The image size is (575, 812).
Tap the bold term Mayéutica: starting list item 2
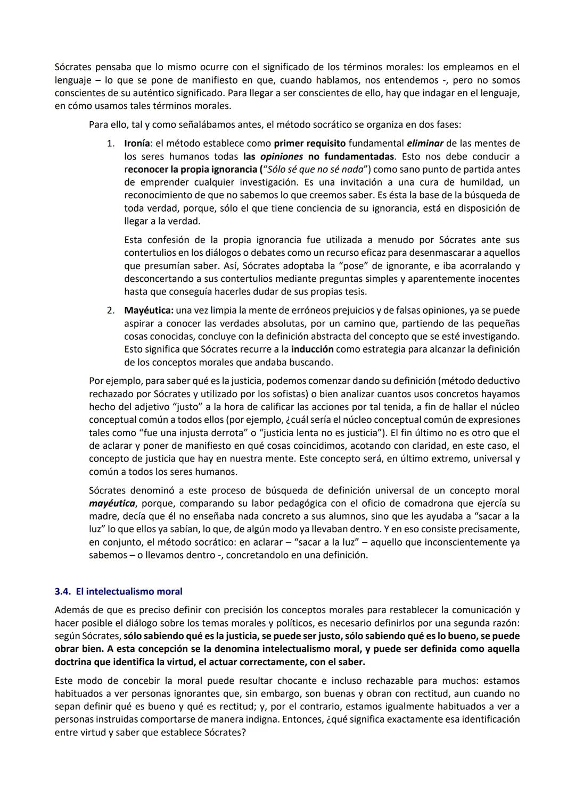click(149, 310)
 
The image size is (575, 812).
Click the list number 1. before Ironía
click(111, 144)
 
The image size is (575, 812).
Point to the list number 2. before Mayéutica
click(111, 310)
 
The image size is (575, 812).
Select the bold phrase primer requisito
click(309, 144)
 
